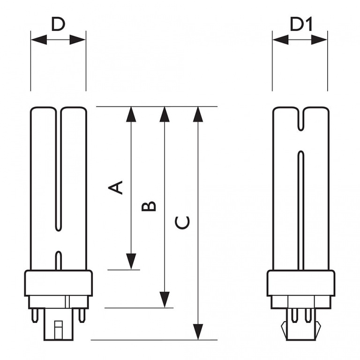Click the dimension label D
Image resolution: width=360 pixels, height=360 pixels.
point(58,24)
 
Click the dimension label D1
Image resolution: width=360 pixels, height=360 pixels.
point(300,24)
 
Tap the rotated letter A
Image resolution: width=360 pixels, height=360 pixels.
point(116,187)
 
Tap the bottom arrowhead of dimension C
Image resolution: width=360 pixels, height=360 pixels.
point(199,330)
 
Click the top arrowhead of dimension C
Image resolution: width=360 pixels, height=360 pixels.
point(199,115)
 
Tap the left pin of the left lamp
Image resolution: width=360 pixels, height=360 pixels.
point(36,315)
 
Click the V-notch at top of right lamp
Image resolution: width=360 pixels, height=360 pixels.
point(300,120)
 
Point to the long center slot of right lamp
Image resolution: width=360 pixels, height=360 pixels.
point(300,211)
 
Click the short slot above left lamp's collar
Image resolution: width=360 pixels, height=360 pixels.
point(58,260)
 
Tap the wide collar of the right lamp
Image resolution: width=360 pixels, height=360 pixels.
point(300,283)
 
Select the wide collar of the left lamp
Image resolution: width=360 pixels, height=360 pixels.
point(58,283)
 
